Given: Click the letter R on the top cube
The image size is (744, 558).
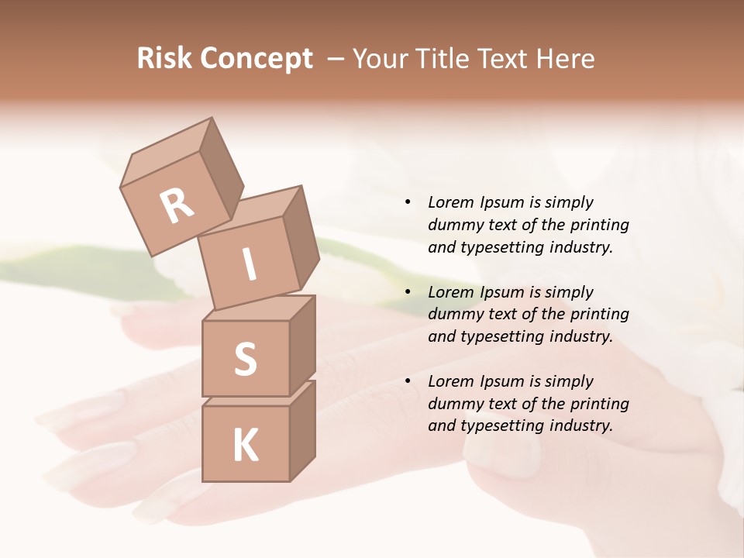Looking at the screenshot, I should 177,206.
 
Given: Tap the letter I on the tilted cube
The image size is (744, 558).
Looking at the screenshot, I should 249,264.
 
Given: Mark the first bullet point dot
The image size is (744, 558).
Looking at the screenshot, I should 408,202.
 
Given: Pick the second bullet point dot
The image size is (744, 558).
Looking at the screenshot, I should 408,292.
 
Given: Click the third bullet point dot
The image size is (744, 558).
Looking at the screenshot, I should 408,381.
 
